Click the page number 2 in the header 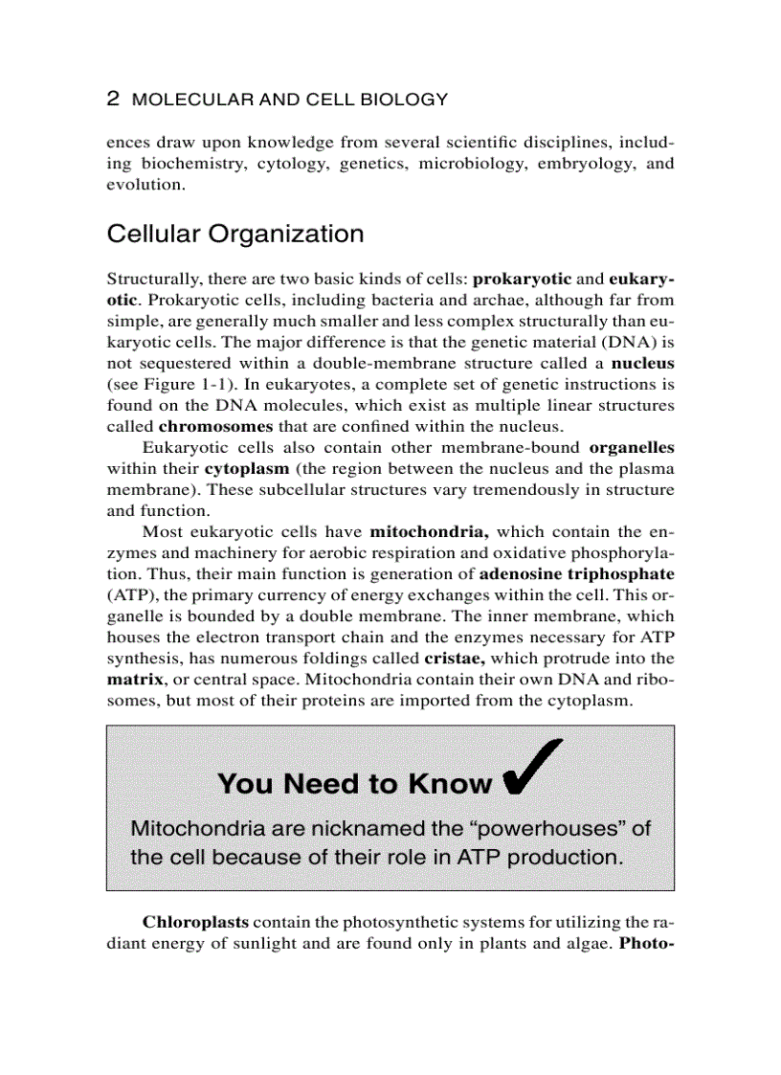tap(113, 99)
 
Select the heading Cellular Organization tap(235, 235)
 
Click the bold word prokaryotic tap(523, 279)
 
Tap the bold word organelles tap(632, 447)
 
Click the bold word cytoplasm tap(249, 468)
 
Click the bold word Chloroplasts tap(196, 922)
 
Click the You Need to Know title tap(355, 784)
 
